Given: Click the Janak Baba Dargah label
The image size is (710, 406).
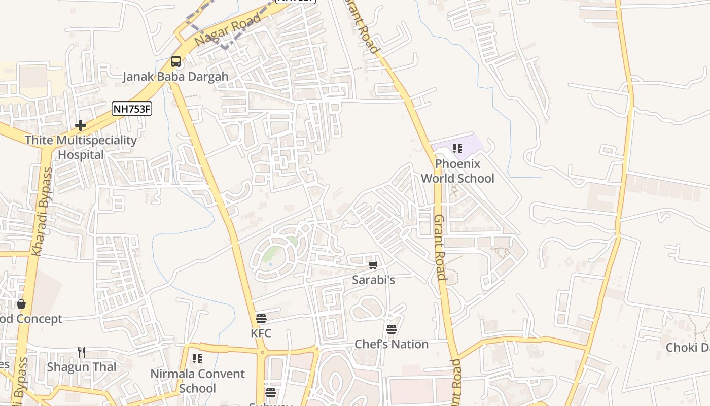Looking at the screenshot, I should pos(175,77).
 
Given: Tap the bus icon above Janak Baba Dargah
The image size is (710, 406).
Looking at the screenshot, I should pos(176,61).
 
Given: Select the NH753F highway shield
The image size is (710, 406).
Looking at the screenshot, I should pos(132,108).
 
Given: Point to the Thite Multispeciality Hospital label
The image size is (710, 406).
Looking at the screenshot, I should pos(81,147).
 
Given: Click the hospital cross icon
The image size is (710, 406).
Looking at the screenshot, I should pos(81,125).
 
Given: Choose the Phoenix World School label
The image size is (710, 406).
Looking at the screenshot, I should pos(457,171).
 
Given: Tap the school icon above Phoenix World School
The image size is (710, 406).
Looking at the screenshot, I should pos(457,149).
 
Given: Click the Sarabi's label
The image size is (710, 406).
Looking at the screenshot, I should pos(373,280).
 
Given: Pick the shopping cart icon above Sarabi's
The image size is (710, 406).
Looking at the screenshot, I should pos(373,265).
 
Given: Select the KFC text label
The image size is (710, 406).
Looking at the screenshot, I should pos(261,333).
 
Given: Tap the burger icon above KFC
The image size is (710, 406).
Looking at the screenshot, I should pos(261,319).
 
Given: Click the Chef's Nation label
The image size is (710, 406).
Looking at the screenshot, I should pos(392,344).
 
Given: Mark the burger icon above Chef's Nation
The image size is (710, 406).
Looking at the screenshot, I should pos(392,329).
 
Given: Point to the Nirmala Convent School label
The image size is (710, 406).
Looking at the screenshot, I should pos(197,381).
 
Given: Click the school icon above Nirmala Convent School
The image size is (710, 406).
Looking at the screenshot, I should pos(197,359).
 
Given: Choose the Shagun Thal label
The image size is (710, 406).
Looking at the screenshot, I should pos(82,367).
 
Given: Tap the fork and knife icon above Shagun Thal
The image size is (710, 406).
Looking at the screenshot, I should pos(81,352).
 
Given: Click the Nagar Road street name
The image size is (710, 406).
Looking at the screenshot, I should pos(228,29).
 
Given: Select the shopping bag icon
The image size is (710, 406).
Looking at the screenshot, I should pos(21,304).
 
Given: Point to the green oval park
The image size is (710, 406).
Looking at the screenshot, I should pos(274,252).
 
